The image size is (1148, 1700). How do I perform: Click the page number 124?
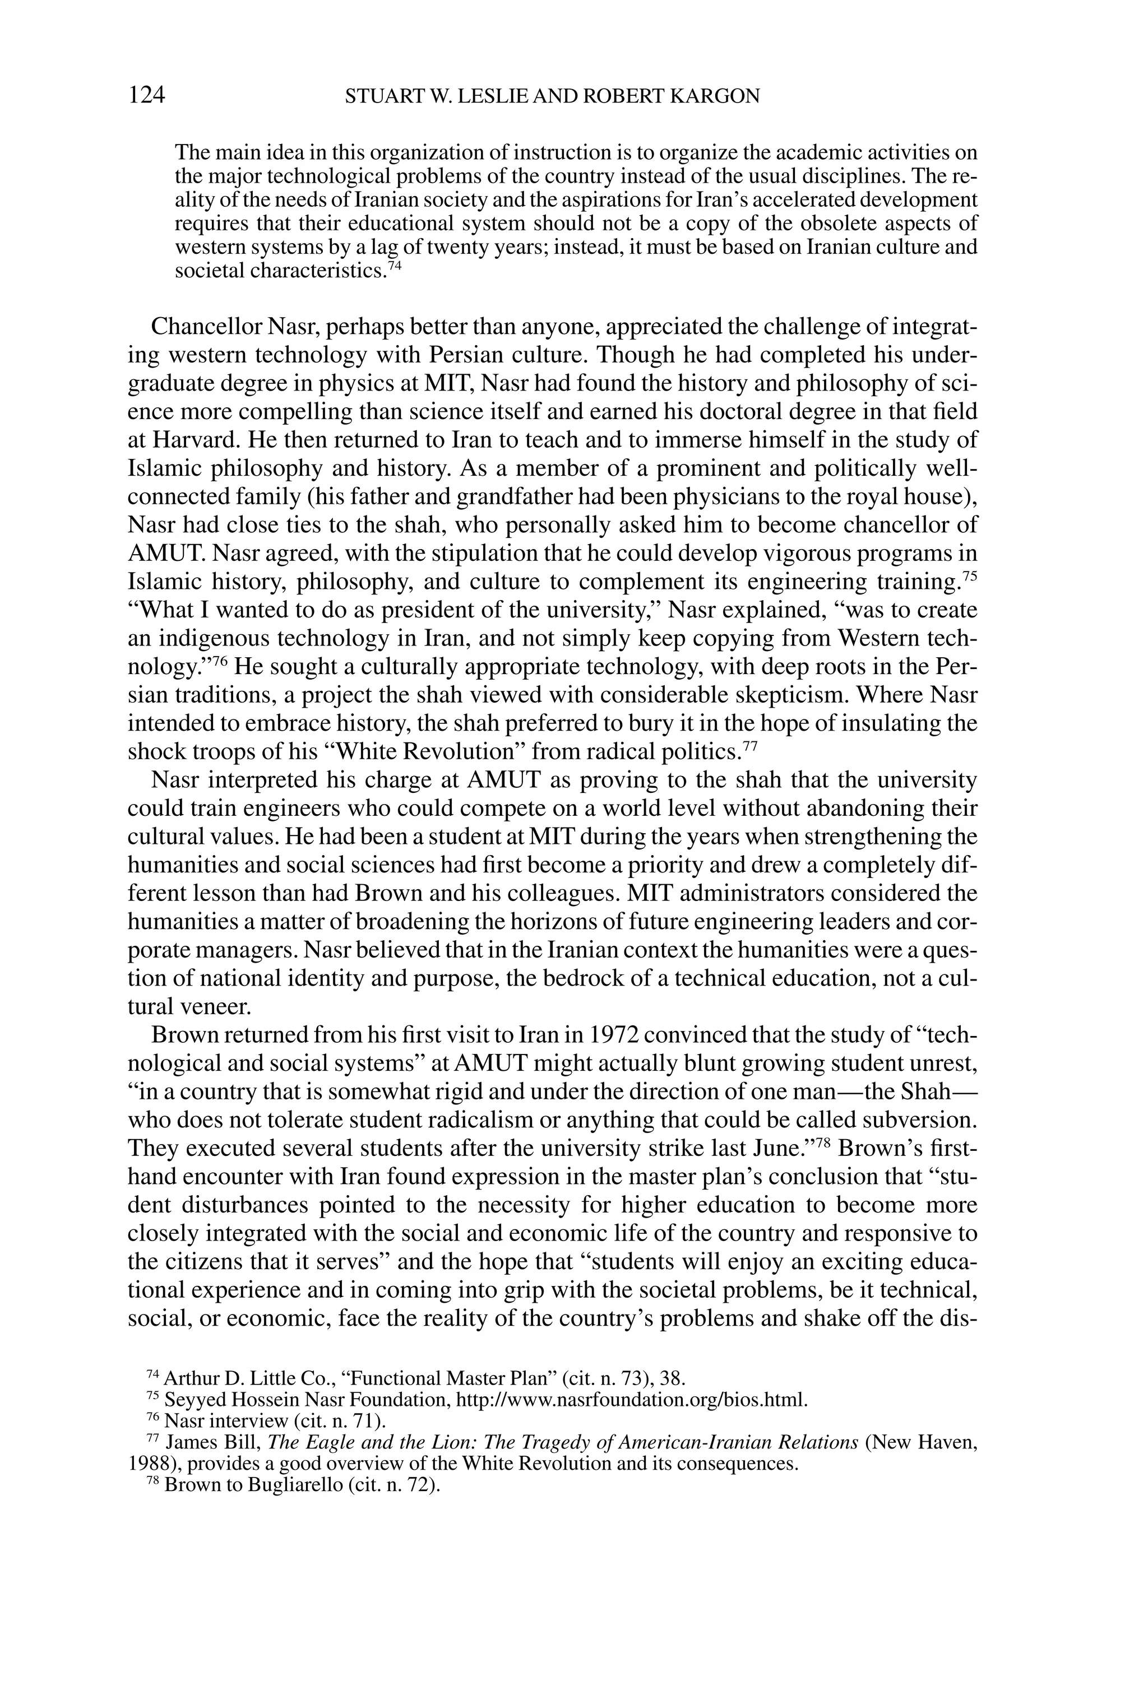point(146,95)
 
